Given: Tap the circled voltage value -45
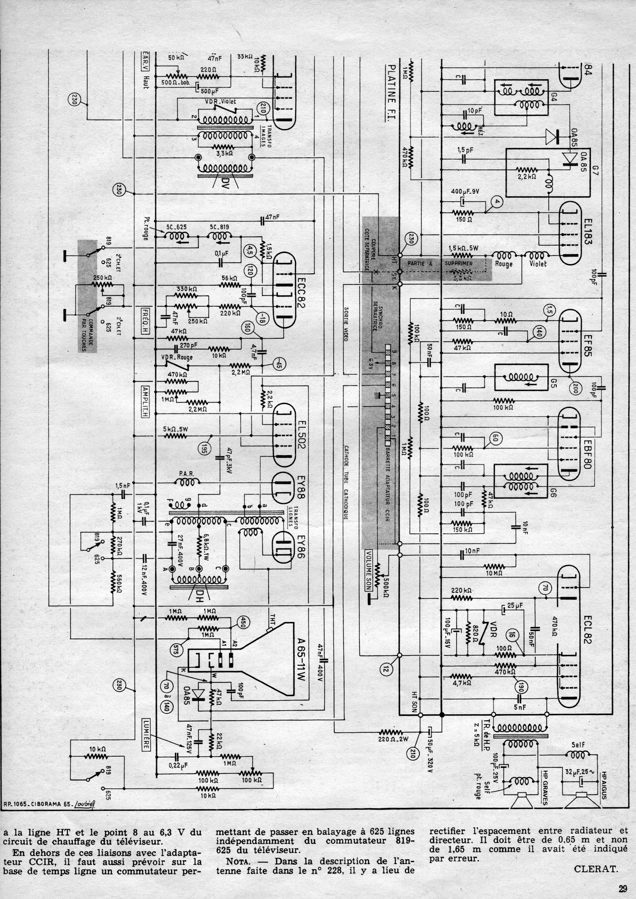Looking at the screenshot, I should [x=279, y=365].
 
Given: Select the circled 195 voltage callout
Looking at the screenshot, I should [x=204, y=449].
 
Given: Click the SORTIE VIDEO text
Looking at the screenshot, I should [x=346, y=323].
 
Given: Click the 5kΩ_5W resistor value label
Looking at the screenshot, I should [x=175, y=429].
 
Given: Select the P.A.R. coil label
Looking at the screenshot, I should [x=185, y=474].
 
